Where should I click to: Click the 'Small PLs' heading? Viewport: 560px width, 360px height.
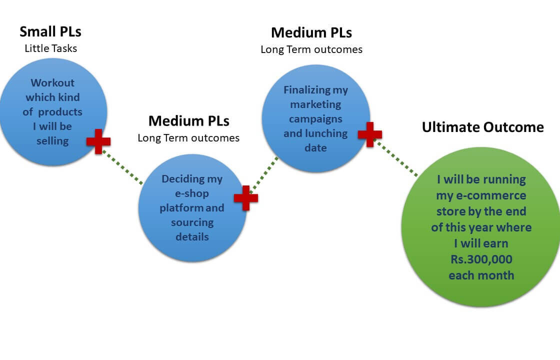click(x=50, y=31)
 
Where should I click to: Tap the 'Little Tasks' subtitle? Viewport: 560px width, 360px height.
click(x=50, y=48)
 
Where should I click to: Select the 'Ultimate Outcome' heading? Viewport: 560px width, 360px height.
click(x=482, y=127)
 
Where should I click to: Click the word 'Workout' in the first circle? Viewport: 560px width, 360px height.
click(x=52, y=83)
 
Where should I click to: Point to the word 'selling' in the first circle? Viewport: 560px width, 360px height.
click(x=52, y=141)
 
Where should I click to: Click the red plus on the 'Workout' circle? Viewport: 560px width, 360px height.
click(x=98, y=141)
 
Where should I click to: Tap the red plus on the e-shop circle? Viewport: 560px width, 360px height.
click(x=246, y=198)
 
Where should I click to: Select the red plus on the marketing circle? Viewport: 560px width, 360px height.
click(x=370, y=134)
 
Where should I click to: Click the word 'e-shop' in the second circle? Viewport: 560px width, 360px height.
click(x=192, y=193)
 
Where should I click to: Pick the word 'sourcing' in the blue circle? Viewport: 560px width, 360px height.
click(x=192, y=222)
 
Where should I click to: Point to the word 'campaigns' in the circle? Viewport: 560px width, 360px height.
click(x=315, y=119)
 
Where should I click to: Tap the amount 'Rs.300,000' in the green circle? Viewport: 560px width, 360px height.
click(x=481, y=260)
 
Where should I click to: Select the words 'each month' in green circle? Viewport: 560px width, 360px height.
click(x=481, y=275)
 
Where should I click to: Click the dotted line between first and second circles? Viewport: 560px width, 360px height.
click(x=123, y=167)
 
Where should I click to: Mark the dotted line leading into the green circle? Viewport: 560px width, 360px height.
click(x=397, y=158)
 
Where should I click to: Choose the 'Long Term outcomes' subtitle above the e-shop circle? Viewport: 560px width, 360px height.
click(x=188, y=137)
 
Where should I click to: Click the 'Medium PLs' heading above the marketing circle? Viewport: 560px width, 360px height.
click(x=311, y=32)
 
